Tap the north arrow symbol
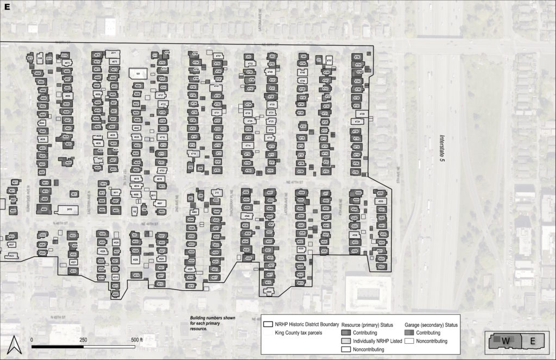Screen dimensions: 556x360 (15, 344)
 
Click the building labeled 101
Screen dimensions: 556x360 (138, 73)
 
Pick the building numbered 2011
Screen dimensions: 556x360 (113, 53)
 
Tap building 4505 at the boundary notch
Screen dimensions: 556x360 (115, 294)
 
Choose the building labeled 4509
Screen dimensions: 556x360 (269, 292)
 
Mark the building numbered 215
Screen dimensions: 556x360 (217, 193)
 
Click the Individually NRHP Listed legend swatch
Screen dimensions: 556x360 (346, 340)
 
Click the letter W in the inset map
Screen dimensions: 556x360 (506, 340)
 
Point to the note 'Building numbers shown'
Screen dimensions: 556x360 (212, 318)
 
